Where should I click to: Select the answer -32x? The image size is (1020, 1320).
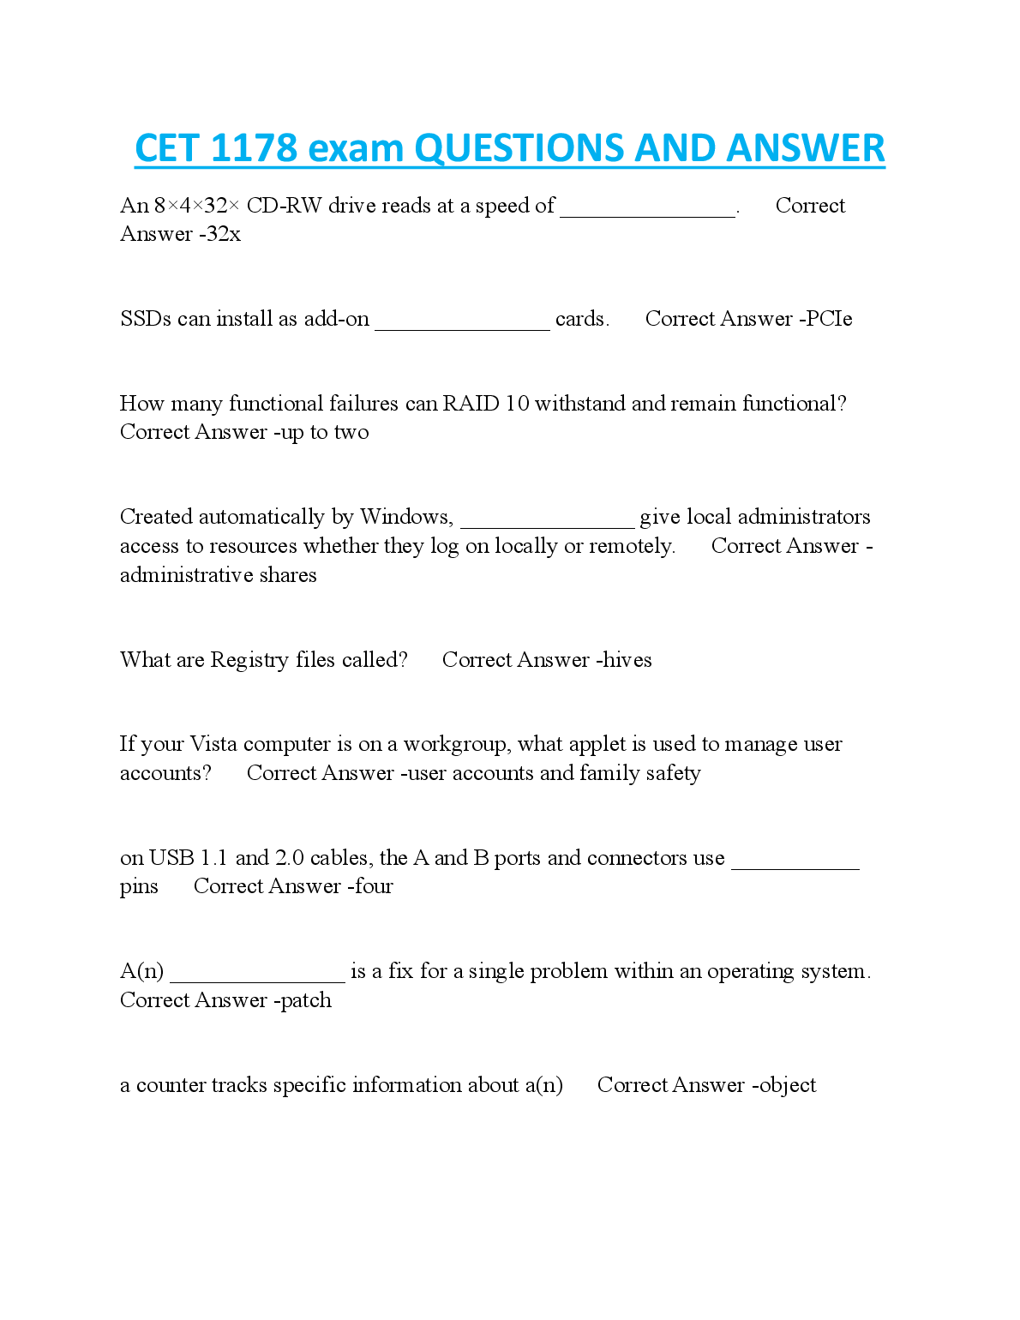(220, 234)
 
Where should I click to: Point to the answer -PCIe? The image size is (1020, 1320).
(826, 319)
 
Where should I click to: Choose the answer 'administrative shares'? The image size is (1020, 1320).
(218, 575)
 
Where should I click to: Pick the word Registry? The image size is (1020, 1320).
(249, 660)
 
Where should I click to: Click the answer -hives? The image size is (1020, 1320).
(625, 660)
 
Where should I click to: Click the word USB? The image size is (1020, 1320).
(171, 858)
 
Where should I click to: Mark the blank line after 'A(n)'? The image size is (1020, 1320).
(257, 977)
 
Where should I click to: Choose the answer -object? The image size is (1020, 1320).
(784, 1085)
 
